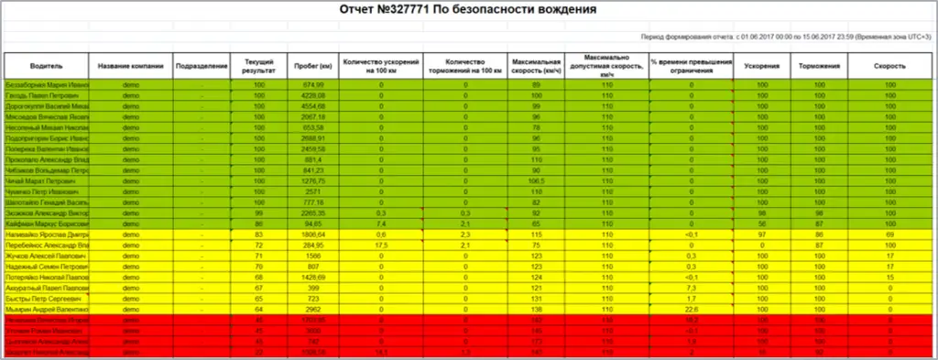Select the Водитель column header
coord(46,66)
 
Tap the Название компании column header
coord(130,66)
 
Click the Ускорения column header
coord(762,66)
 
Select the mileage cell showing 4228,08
coord(313,95)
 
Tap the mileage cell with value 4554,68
coord(313,107)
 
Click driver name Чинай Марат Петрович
coord(46,183)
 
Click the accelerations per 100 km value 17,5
coord(381,246)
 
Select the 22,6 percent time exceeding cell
coord(692,311)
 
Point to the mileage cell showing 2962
coord(313,311)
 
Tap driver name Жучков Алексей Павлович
coord(46,257)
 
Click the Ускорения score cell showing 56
coord(762,225)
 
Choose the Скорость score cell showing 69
coord(889,236)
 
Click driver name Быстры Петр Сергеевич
coord(46,300)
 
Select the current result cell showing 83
coord(259,236)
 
